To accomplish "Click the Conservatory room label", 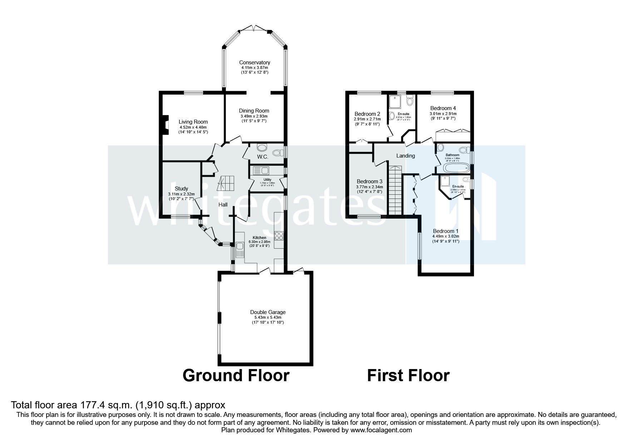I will [254, 63].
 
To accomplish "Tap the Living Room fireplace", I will [165, 125].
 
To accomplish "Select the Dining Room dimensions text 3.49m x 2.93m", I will [254, 116].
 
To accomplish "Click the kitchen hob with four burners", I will [279, 235].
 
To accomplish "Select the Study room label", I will [181, 189].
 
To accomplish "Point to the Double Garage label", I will [268, 312].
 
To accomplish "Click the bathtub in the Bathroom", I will [455, 168].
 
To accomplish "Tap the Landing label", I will [405, 156].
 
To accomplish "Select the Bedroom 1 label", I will [445, 231].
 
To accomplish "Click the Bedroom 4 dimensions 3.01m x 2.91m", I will [443, 114].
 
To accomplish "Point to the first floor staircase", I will [395, 191].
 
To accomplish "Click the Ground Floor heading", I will [236, 375].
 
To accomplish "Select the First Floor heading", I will [408, 375].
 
